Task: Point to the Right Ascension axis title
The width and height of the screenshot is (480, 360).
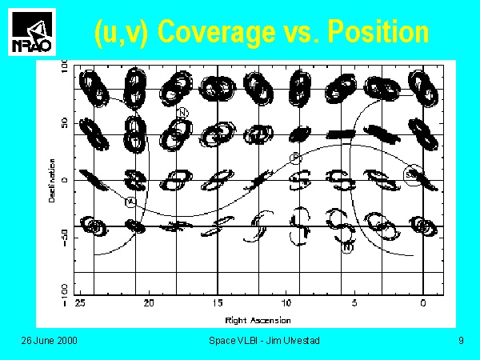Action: pyautogui.click(x=253, y=320)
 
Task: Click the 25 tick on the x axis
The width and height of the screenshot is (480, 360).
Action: pyautogui.click(x=79, y=305)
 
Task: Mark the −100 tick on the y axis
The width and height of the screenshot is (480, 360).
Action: pyautogui.click(x=65, y=291)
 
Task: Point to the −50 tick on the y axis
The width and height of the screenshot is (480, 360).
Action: pyautogui.click(x=65, y=237)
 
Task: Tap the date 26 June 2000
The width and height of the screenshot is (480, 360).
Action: pyautogui.click(x=49, y=342)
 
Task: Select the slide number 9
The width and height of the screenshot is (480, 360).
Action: pyautogui.click(x=461, y=342)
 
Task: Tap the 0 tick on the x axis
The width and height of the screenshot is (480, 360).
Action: pyautogui.click(x=422, y=305)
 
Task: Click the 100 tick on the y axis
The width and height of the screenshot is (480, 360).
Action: pyautogui.click(x=65, y=70)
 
